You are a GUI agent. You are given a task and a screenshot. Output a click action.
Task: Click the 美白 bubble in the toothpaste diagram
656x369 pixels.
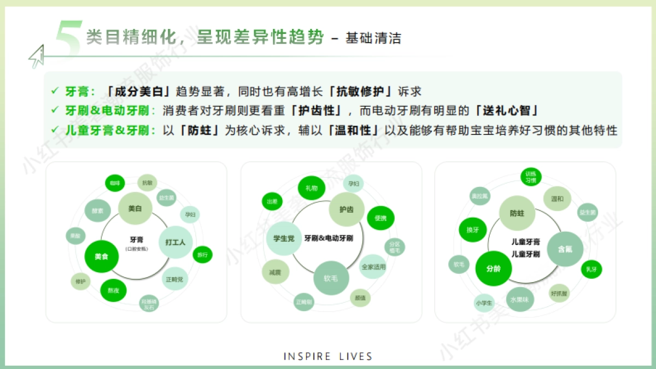coord(134,209)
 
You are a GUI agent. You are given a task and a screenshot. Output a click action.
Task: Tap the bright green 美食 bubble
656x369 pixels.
coord(102,256)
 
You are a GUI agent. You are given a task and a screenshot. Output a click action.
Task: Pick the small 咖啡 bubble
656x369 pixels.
coord(114,183)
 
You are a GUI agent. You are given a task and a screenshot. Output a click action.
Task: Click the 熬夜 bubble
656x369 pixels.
coord(114,290)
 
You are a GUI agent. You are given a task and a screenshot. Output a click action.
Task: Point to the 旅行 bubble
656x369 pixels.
coord(202,254)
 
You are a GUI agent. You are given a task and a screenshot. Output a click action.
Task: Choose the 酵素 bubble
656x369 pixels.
coord(98,210)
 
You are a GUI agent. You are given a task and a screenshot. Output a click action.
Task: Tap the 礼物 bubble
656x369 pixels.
coord(311,188)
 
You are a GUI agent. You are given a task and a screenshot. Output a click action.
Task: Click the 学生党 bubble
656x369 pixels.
coord(284,238)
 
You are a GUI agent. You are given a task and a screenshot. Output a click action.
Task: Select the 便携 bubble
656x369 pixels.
coord(380,218)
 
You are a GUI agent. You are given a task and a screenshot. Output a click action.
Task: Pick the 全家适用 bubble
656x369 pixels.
coord(373,267)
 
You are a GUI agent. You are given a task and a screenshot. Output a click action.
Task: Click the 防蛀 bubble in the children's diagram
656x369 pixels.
coord(517,213)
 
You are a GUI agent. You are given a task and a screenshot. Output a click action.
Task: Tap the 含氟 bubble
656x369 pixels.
coord(565,249)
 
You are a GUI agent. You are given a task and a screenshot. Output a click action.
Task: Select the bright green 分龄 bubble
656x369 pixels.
coord(494,268)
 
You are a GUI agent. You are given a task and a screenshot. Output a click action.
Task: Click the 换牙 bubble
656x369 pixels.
coord(472,230)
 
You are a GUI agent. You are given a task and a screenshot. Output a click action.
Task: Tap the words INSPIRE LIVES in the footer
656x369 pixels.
coord(328,356)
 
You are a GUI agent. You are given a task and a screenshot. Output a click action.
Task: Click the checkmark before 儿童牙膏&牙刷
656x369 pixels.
coord(54,130)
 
